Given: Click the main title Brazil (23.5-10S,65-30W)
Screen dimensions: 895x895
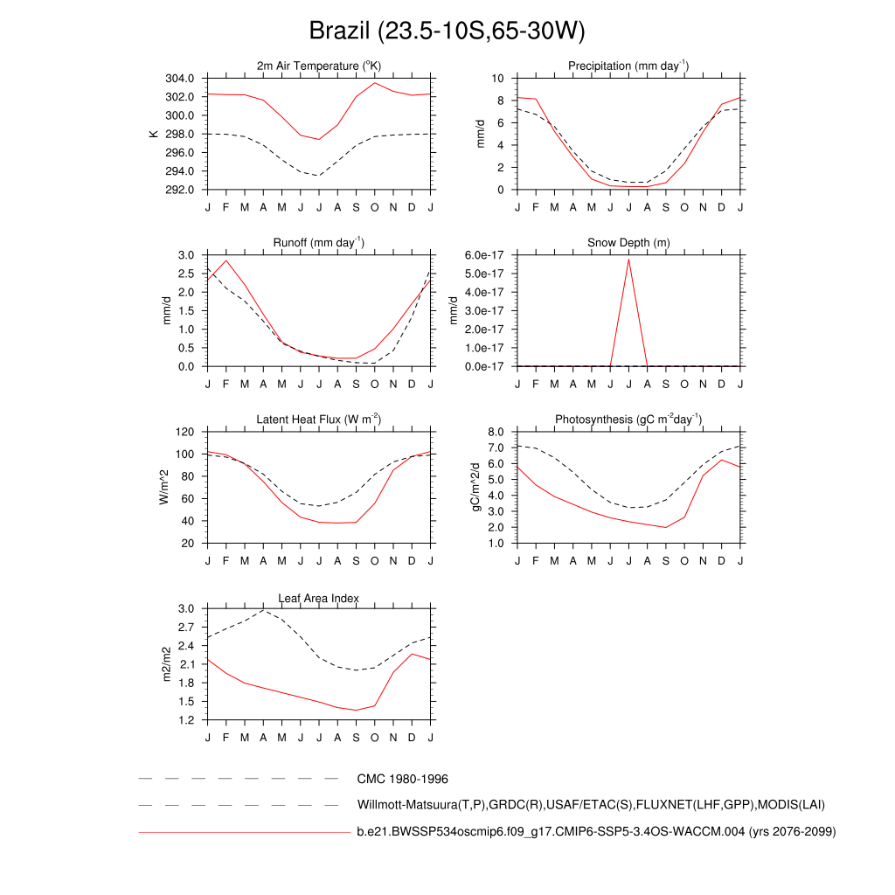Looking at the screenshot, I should pyautogui.click(x=447, y=31).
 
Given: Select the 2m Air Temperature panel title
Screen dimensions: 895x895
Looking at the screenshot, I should pyautogui.click(x=319, y=66).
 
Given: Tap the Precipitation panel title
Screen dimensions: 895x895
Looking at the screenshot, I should pyautogui.click(x=628, y=66).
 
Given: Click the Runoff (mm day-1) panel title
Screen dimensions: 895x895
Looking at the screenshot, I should pyautogui.click(x=319, y=242).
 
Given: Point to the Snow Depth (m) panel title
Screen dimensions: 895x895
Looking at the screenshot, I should pyautogui.click(x=628, y=242).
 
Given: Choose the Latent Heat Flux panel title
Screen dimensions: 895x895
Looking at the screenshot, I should pyautogui.click(x=319, y=420).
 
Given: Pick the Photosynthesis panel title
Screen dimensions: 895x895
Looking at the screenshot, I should pyautogui.click(x=628, y=420).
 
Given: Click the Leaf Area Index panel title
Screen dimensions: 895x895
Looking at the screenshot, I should pyautogui.click(x=319, y=598).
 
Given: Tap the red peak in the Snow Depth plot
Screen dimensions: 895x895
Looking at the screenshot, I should pyautogui.click(x=628, y=259).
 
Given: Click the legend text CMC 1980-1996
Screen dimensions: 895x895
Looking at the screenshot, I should pyautogui.click(x=402, y=778).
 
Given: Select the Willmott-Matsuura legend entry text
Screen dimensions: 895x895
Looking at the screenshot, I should pyautogui.click(x=591, y=804).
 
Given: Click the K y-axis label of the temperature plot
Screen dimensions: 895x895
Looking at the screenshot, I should pyautogui.click(x=154, y=134).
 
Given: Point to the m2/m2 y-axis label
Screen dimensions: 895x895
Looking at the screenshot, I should pyautogui.click(x=167, y=663).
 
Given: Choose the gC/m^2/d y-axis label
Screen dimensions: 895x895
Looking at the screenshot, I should pyautogui.click(x=477, y=487).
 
